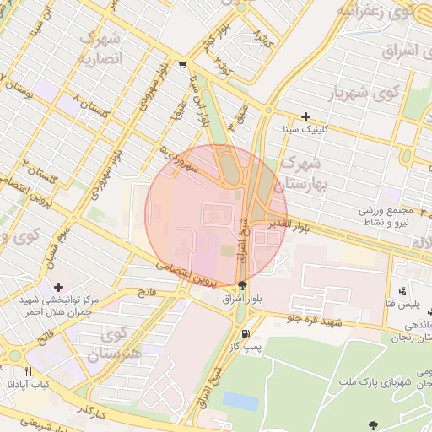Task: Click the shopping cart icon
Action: point(183,65)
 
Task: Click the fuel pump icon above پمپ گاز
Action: point(245,332)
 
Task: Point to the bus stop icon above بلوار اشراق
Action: point(243,285)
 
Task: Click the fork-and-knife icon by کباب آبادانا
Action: point(28,370)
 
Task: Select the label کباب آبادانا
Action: point(30,384)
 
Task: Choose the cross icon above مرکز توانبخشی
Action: point(58,287)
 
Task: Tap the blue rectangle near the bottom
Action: point(240,400)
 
